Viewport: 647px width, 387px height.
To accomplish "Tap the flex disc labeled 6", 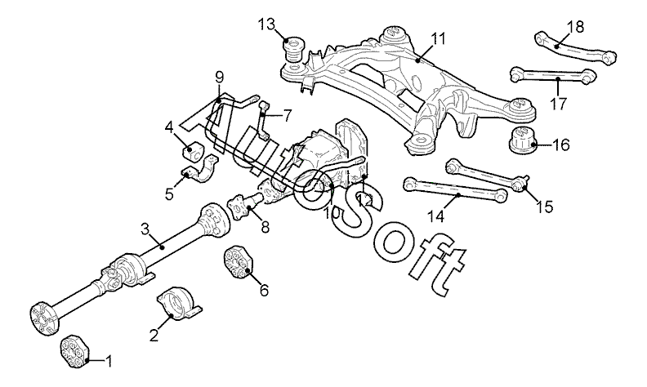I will [x=238, y=262].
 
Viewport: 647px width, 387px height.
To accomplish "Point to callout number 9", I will [x=219, y=78].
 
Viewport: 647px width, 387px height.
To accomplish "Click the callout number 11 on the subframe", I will [x=439, y=38].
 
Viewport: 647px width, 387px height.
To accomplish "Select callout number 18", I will [x=575, y=26].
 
